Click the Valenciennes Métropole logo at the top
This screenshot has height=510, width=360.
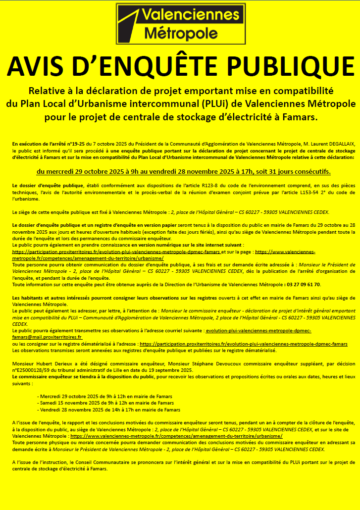[x=180, y=23]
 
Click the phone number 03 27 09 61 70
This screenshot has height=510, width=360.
[x=304, y=285]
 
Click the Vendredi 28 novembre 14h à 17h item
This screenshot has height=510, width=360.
[x=109, y=409]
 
